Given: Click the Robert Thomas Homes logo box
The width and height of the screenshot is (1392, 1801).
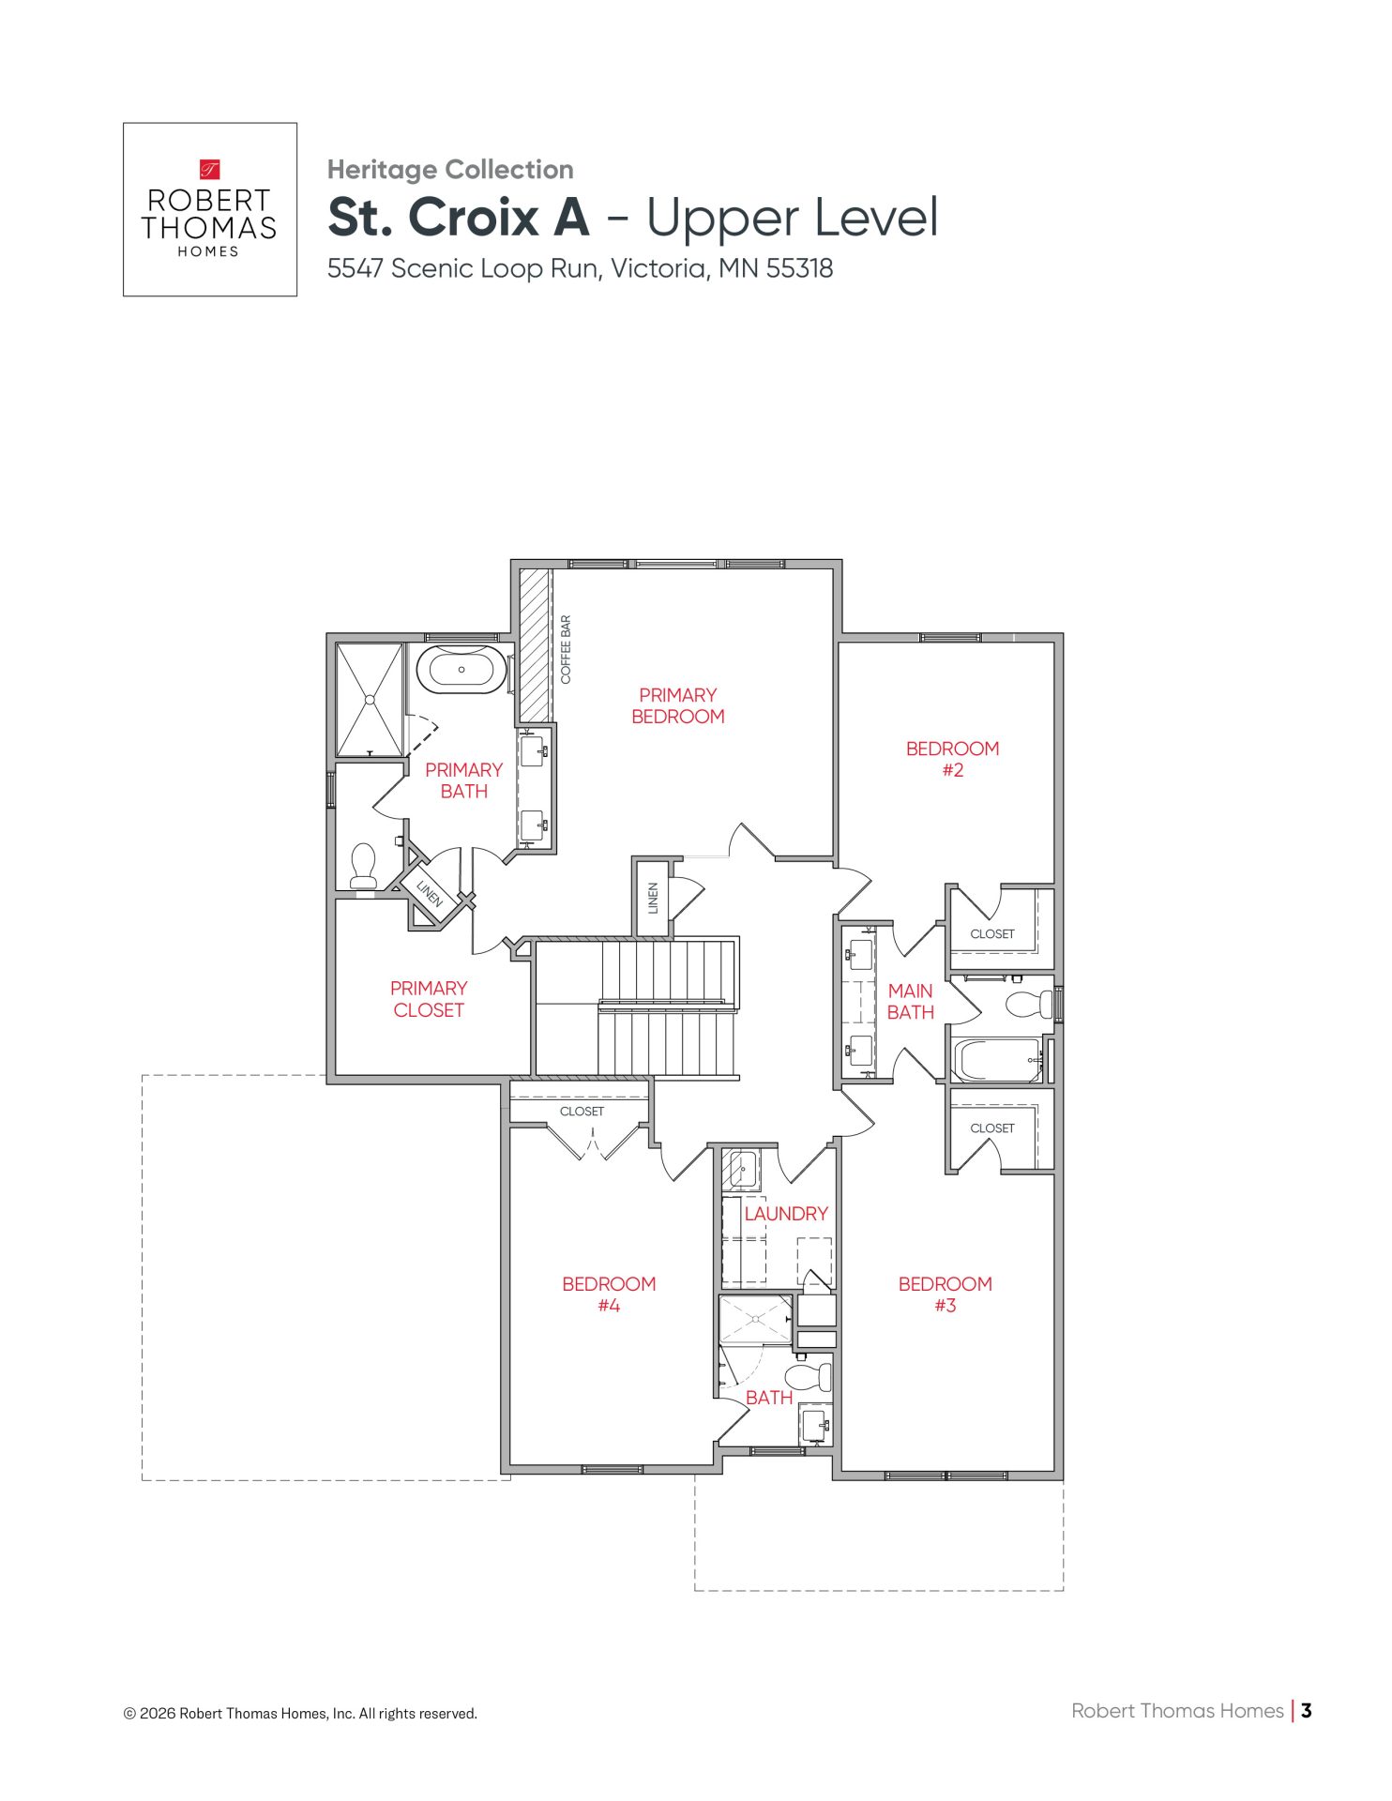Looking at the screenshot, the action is click(210, 209).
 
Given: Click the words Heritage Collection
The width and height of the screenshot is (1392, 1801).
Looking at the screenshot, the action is click(450, 170).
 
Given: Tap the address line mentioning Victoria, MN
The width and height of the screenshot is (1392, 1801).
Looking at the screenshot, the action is click(580, 268).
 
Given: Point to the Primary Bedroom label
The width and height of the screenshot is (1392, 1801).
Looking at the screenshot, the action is click(678, 705).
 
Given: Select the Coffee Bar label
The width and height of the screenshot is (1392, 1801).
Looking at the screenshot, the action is click(566, 650).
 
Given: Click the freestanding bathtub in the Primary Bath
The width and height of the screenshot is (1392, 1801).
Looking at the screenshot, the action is click(461, 670).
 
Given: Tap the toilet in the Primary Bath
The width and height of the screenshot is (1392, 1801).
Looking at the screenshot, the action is click(363, 866).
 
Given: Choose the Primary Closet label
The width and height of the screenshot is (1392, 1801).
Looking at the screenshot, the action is click(429, 999).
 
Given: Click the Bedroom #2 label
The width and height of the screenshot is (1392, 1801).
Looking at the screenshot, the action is click(952, 759).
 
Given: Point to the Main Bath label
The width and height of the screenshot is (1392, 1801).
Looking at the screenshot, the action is click(911, 1001).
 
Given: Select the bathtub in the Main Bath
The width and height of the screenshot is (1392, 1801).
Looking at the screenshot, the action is click(997, 1060).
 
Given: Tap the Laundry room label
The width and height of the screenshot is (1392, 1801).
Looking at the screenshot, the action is click(786, 1214).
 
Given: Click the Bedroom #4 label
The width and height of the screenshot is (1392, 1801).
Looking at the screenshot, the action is click(609, 1294).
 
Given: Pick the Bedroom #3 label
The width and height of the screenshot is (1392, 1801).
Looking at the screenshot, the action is click(945, 1294).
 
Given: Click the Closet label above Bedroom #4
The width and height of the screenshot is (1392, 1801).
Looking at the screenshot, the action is click(582, 1112).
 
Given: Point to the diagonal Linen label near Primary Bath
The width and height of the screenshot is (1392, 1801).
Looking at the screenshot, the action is click(429, 892).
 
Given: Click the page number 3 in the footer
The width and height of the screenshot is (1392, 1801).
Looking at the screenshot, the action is click(1307, 1711).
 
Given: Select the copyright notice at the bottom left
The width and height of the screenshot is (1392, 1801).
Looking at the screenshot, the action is click(300, 1714).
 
